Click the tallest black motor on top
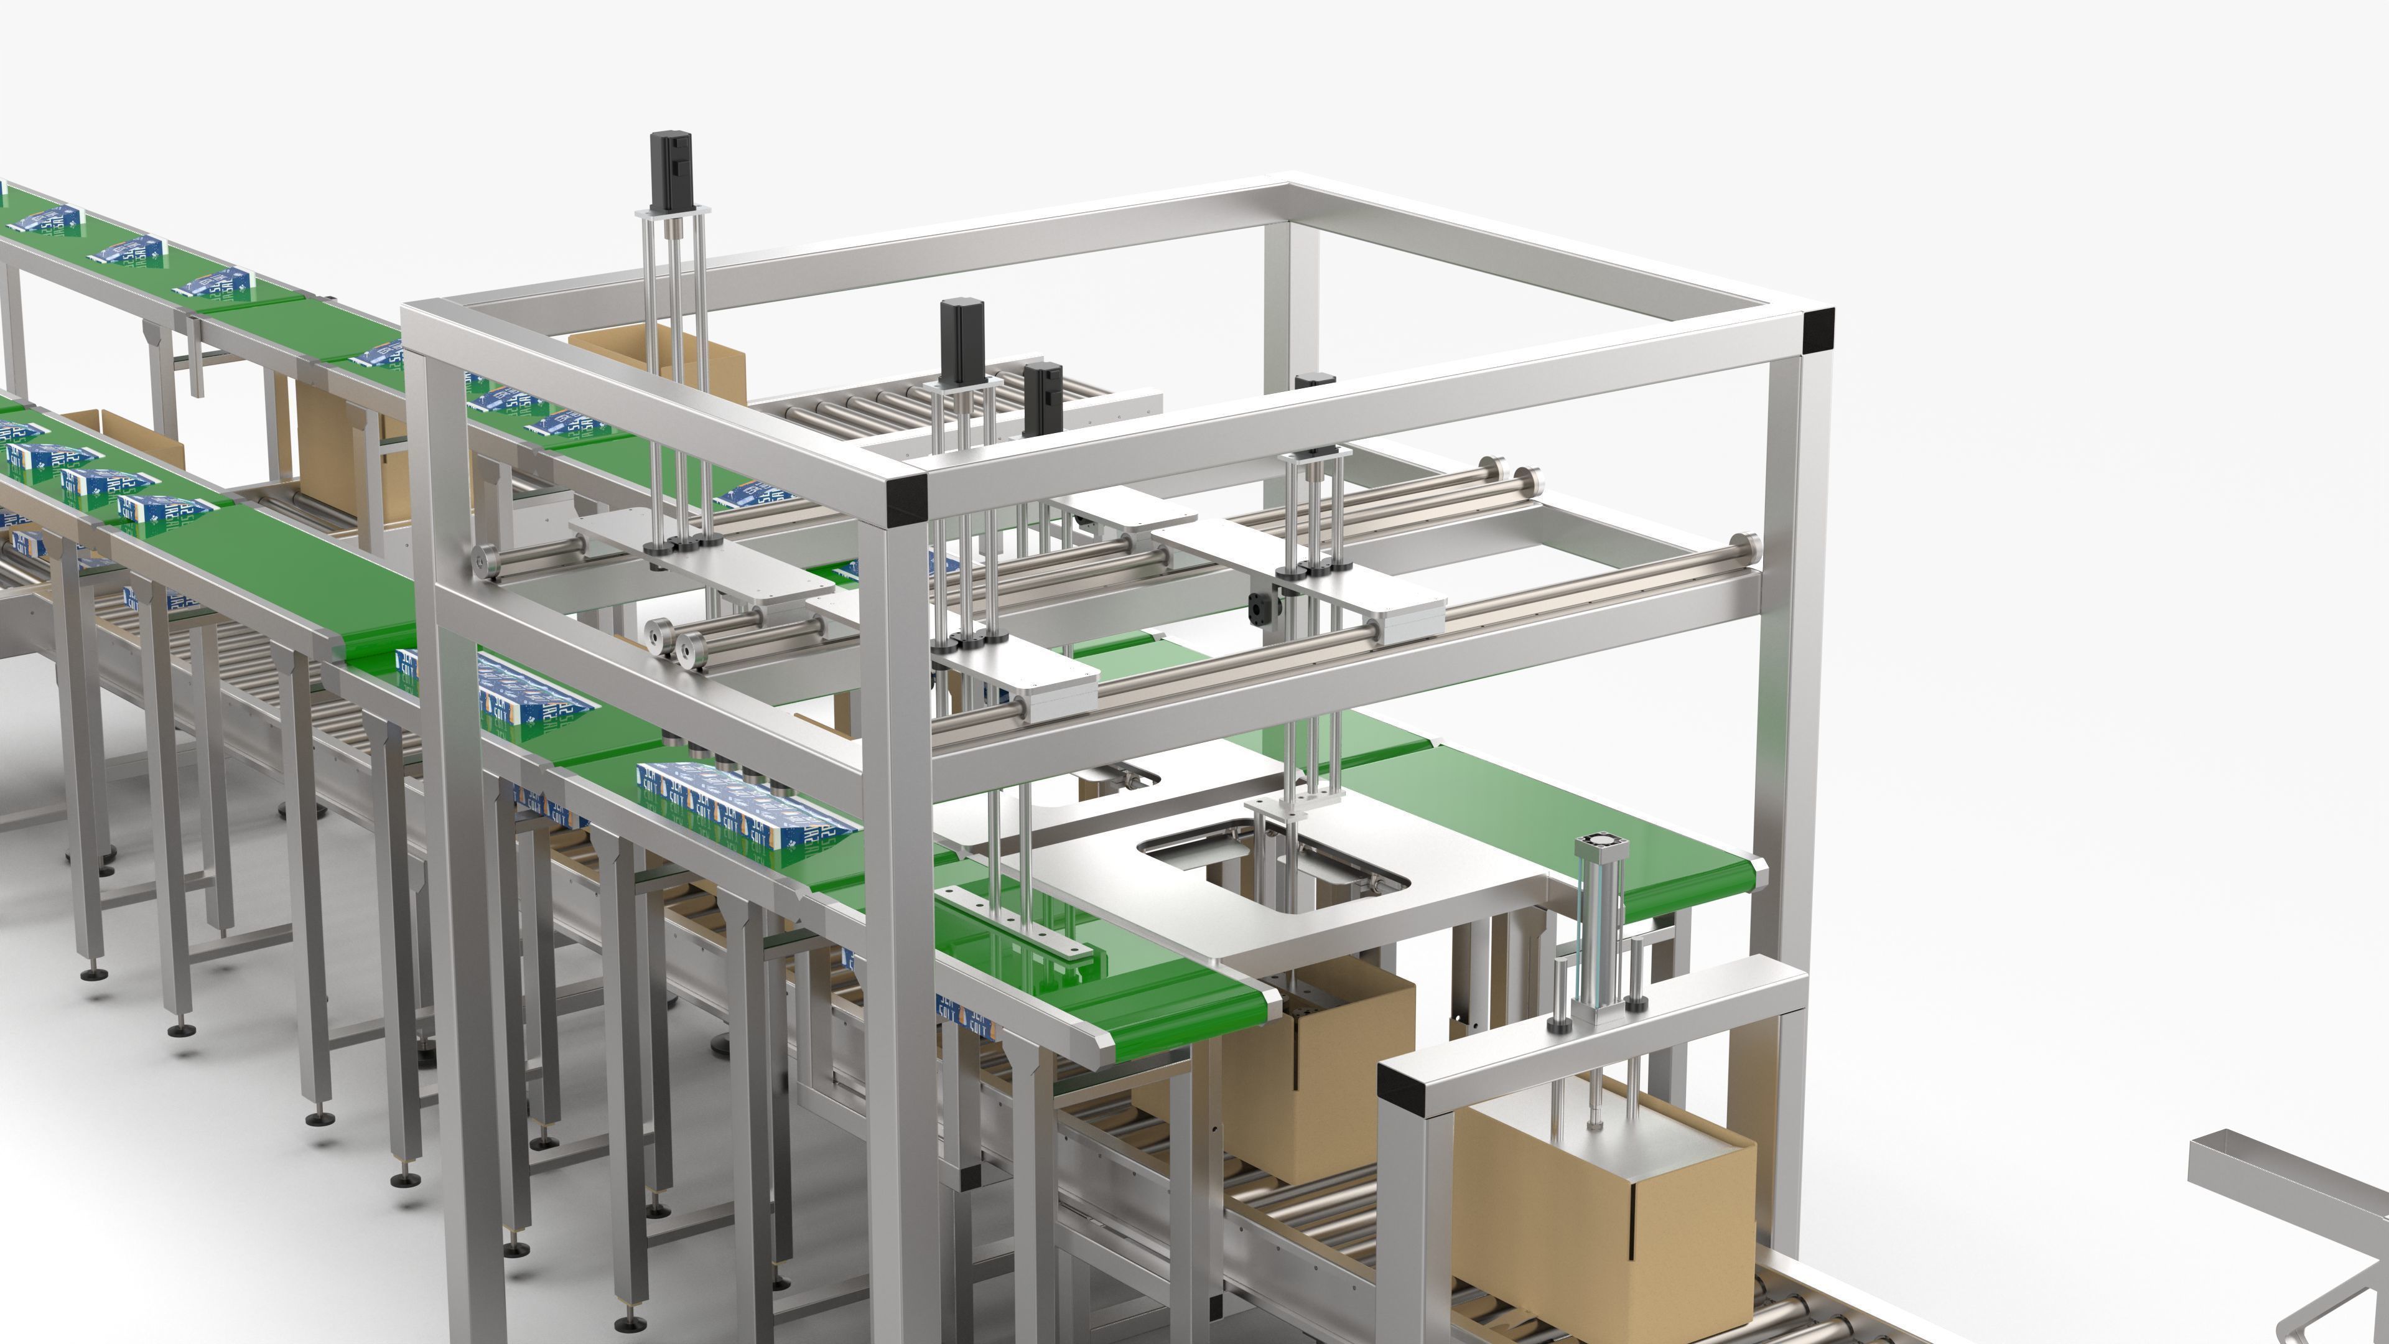tap(673, 170)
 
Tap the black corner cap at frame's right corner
tap(1818, 330)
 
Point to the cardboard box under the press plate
tap(1604, 1225)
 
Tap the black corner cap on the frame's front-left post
tap(905, 501)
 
